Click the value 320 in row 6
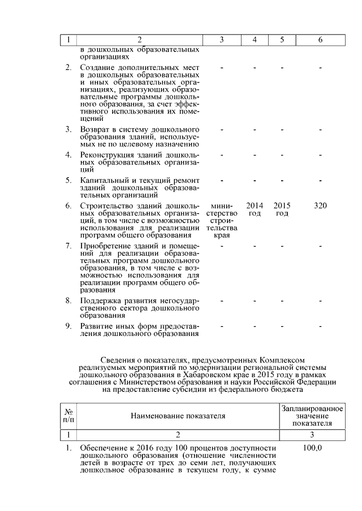tap(320, 206)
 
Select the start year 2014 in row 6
tap(255, 206)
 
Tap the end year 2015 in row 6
tap(282, 206)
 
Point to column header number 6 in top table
tap(321, 40)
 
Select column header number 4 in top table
tap(255, 40)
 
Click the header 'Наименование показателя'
tap(178, 416)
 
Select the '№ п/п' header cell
tap(68, 416)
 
